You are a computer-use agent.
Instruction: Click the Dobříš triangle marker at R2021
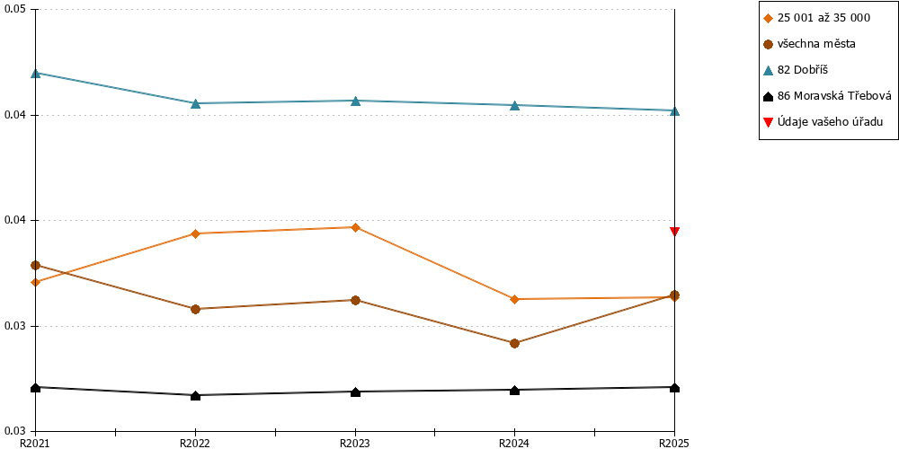tap(36, 74)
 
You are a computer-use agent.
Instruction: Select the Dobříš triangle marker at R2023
tap(355, 101)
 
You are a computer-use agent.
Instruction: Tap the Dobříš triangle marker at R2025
tap(675, 110)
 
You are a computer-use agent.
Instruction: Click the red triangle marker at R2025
tap(675, 232)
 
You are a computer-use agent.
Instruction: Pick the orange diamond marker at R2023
tap(355, 227)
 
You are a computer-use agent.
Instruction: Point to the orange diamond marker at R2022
tap(195, 233)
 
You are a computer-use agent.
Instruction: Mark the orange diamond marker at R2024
tap(515, 299)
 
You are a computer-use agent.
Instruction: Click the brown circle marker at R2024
tap(515, 343)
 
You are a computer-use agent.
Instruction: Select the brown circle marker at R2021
tap(36, 265)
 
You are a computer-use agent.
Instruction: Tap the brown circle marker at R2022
tap(195, 309)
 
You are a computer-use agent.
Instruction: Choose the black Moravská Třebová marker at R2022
tap(195, 395)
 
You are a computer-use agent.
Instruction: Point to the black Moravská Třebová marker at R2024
tap(515, 390)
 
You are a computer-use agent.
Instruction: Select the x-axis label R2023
tap(355, 443)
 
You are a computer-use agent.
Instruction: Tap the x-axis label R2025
tap(674, 443)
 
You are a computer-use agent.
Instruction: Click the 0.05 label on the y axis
tap(14, 10)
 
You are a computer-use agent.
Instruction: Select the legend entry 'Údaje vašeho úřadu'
tap(823, 121)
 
